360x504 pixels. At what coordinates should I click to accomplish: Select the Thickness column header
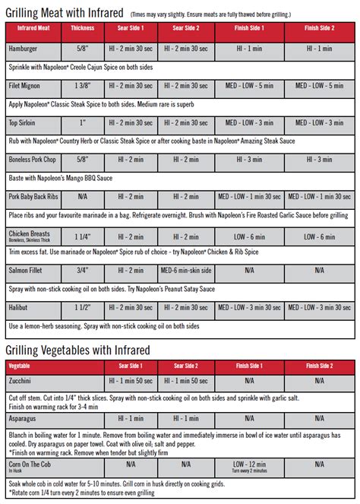(x=82, y=27)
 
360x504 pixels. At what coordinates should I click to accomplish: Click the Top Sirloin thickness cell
(x=82, y=122)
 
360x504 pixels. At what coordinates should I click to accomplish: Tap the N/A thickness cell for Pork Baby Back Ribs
(x=82, y=196)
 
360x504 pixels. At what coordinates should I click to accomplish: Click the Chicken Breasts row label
(x=30, y=233)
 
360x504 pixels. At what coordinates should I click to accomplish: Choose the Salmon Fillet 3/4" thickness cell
(x=82, y=270)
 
